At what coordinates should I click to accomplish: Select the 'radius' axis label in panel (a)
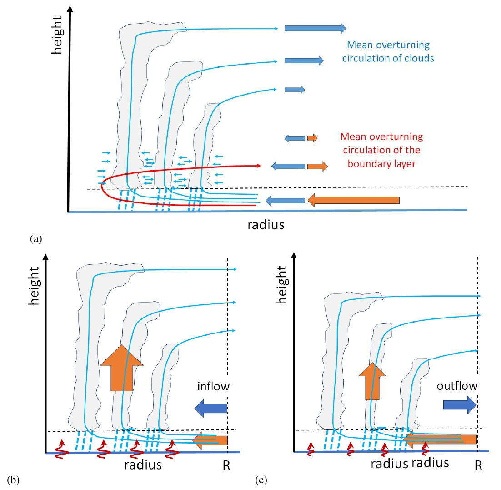[266, 224]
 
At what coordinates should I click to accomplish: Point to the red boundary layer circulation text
[381, 150]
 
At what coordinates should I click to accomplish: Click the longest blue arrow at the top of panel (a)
[315, 28]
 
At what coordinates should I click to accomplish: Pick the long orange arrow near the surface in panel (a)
[353, 200]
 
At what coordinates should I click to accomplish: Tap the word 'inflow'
[213, 387]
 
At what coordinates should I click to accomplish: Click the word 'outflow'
[457, 386]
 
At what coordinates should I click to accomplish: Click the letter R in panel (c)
[478, 467]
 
